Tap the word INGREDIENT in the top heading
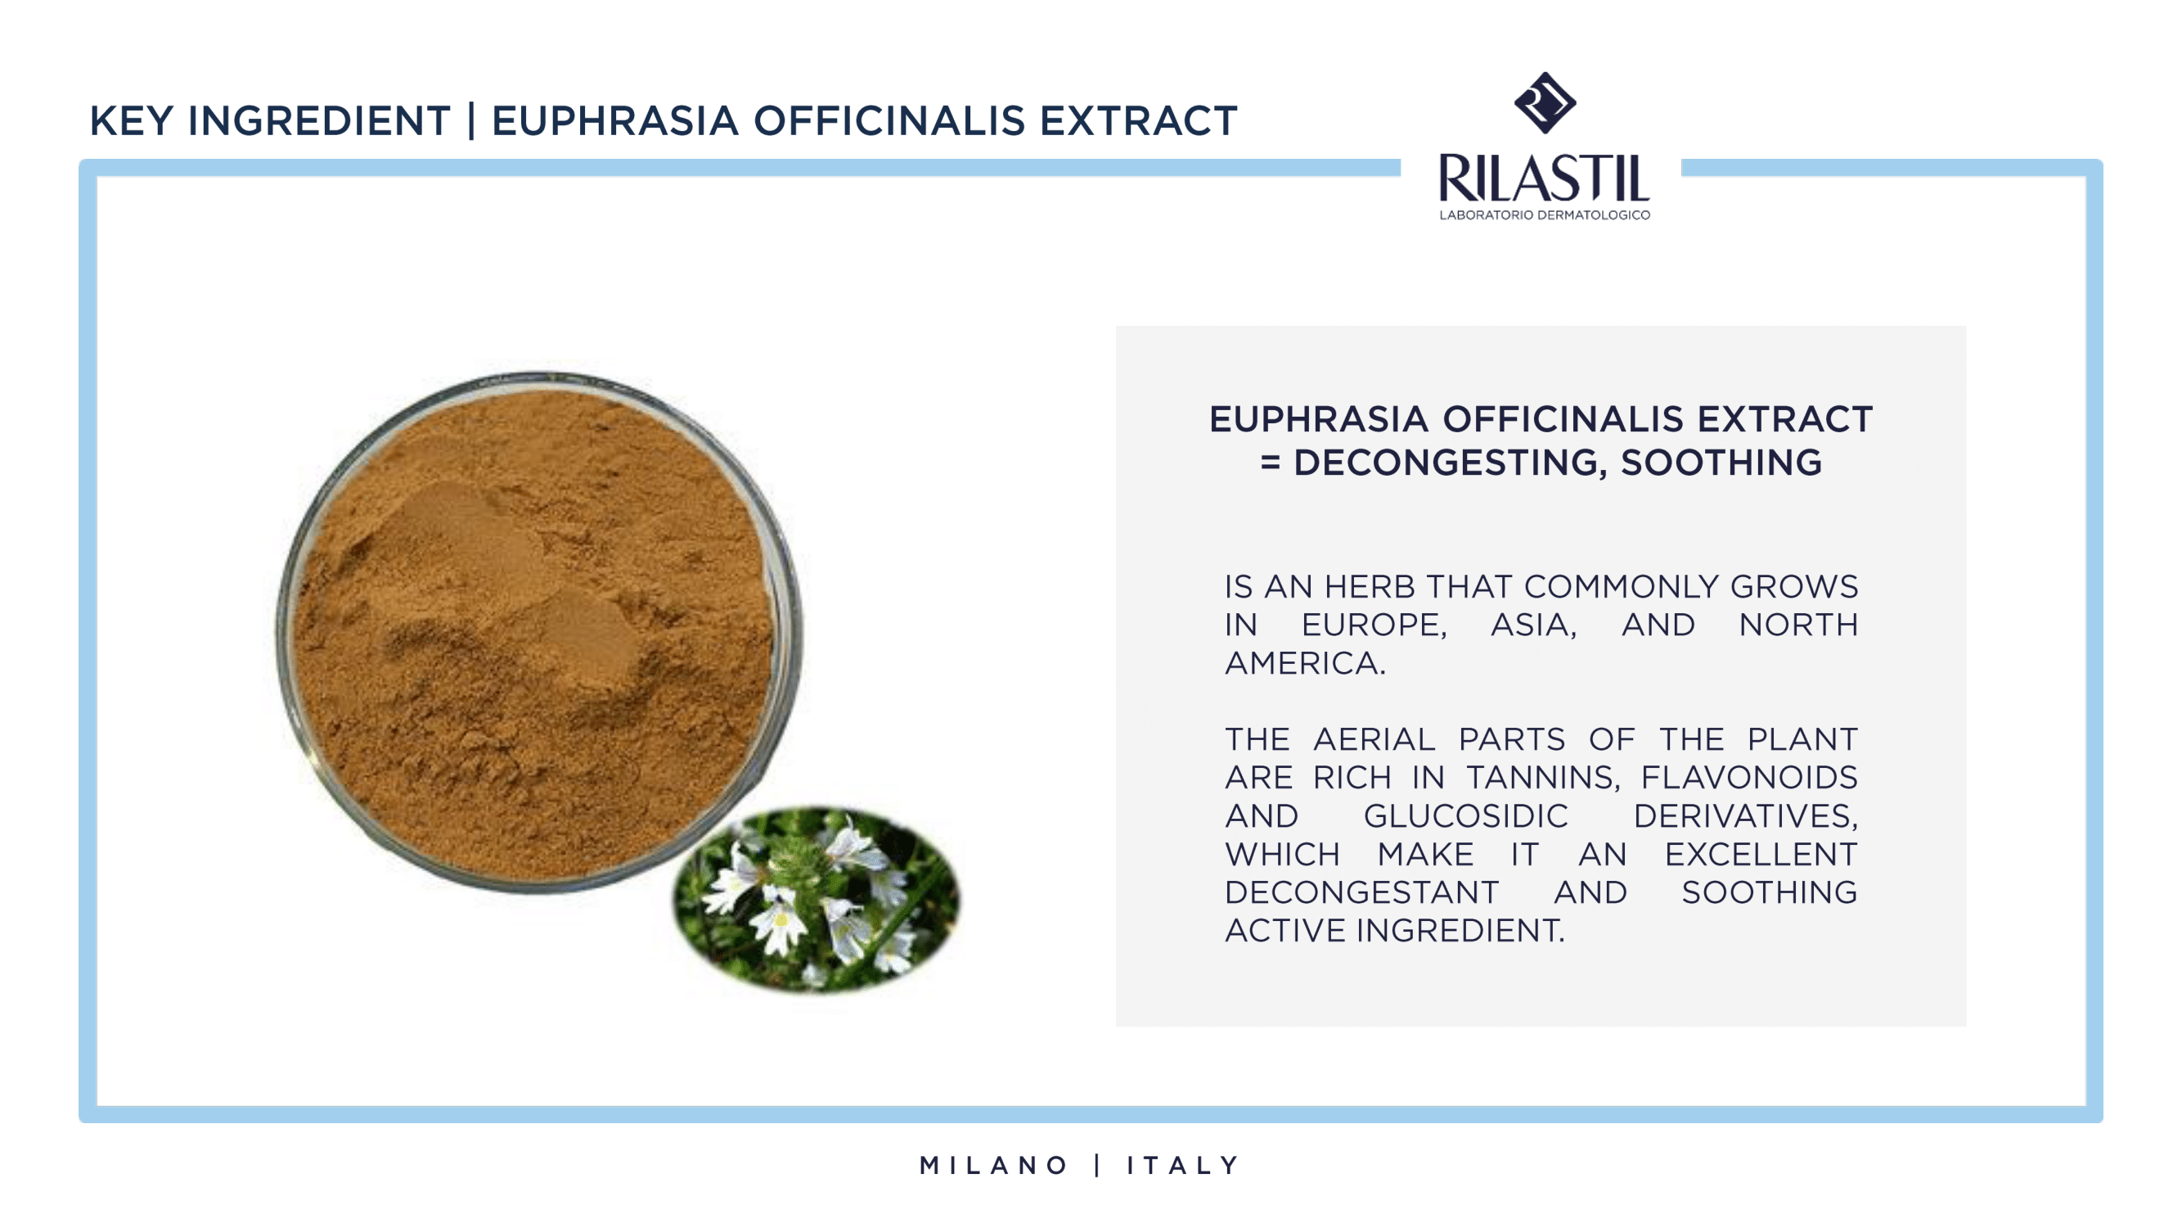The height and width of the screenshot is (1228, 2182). [319, 120]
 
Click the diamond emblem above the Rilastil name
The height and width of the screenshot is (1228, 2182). [1545, 102]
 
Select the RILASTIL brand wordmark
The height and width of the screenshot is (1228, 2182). [1544, 178]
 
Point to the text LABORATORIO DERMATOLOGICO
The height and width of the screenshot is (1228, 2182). [1545, 215]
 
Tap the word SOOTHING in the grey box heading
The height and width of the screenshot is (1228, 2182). [1721, 463]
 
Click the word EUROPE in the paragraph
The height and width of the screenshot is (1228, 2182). [1374, 625]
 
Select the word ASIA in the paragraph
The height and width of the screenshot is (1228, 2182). [1533, 625]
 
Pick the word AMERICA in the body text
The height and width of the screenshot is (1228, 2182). [1305, 663]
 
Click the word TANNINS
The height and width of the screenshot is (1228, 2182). [1542, 777]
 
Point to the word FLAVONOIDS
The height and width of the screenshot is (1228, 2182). [1749, 777]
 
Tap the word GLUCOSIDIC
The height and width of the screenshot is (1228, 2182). [1465, 815]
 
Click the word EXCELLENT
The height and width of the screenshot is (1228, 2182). [1761, 853]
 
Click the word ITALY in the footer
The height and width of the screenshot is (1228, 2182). [1182, 1165]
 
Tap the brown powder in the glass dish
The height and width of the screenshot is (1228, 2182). [533, 631]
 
